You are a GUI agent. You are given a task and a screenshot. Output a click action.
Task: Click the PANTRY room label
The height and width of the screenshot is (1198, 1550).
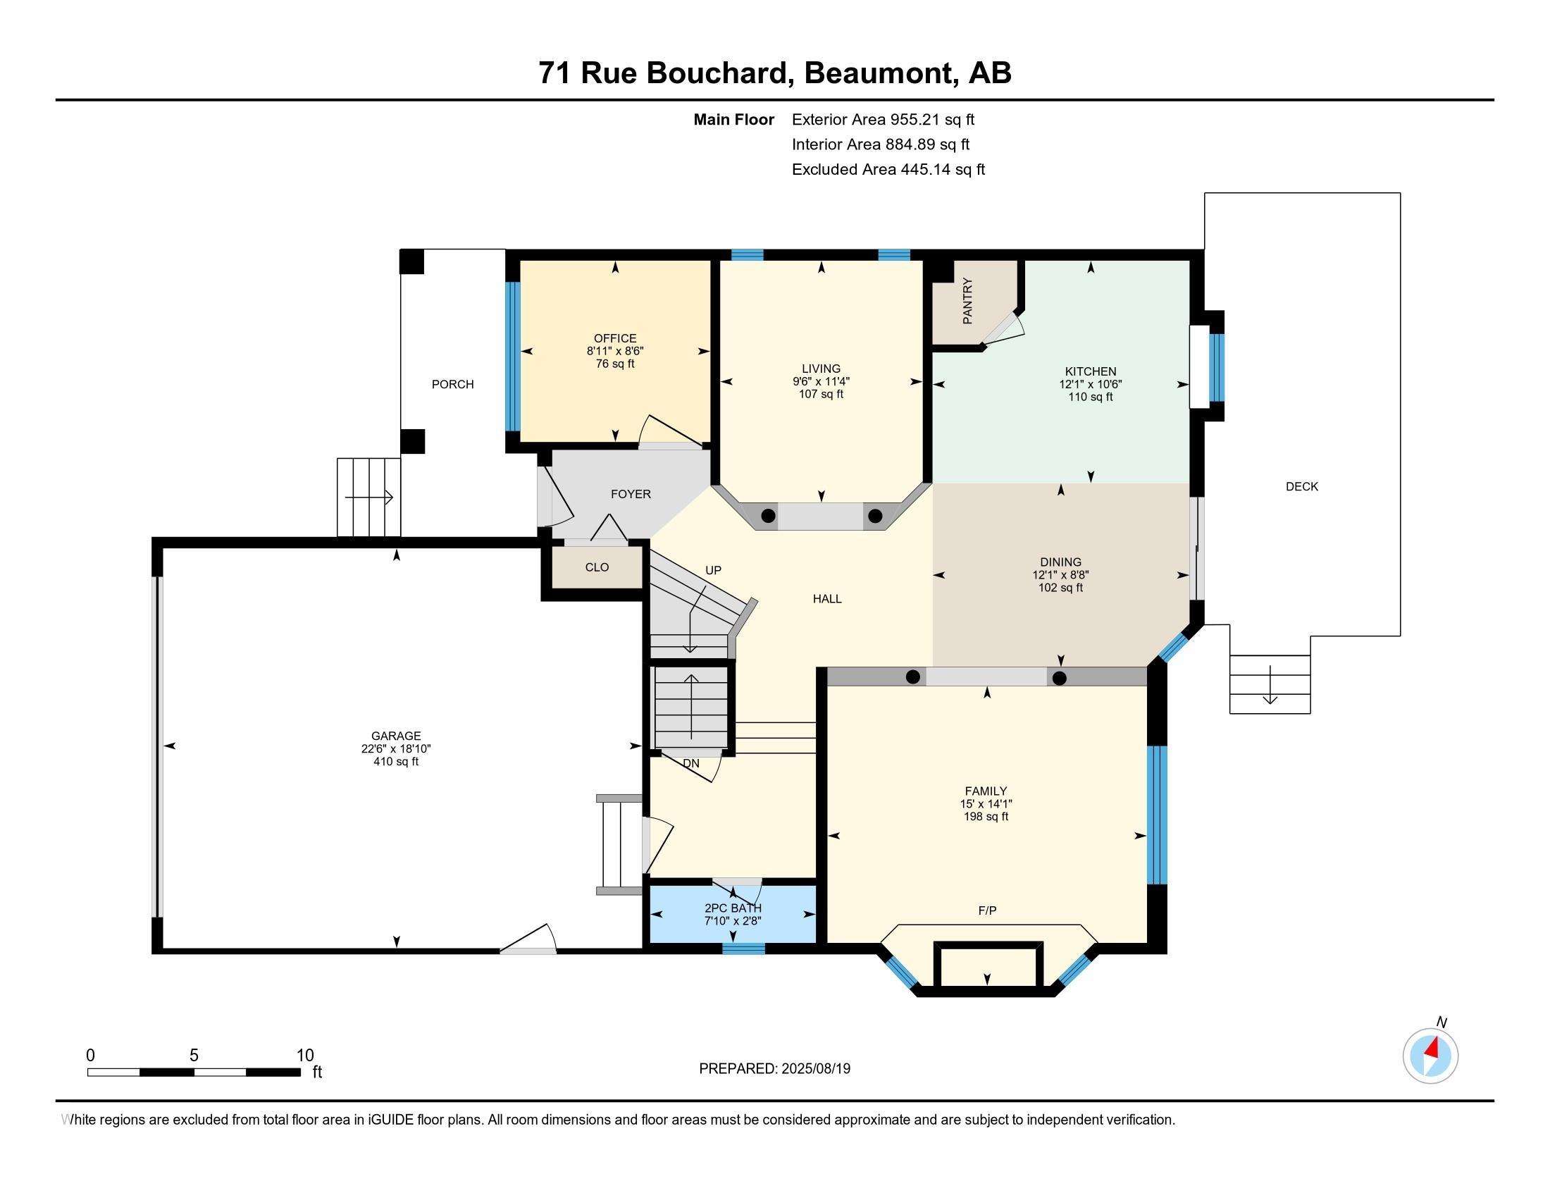point(967,302)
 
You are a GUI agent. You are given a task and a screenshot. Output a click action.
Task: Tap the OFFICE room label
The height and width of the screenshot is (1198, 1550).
point(615,338)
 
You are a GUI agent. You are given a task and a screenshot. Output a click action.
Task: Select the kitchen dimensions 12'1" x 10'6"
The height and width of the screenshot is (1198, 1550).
point(1091,384)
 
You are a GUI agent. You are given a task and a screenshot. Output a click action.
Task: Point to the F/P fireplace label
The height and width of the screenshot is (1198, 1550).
point(987,910)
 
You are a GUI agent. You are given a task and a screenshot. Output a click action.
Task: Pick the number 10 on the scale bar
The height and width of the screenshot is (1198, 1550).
point(304,1056)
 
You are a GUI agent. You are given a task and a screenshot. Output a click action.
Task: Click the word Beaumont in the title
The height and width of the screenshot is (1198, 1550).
point(879,73)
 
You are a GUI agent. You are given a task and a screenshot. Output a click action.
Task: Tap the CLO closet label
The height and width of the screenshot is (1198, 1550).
point(597,567)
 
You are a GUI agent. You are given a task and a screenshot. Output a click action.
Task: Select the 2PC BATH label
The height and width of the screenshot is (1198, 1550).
point(733,908)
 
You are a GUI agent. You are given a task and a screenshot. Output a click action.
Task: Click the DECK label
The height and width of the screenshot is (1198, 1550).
point(1302,486)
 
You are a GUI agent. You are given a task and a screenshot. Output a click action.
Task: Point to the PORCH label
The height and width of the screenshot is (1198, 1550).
point(453,384)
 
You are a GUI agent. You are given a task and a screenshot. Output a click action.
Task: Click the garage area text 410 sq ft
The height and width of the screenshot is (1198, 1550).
point(396,762)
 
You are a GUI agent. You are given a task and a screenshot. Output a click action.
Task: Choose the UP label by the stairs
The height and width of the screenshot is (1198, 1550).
point(713,570)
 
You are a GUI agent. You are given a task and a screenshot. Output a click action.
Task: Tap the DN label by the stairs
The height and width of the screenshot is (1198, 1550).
point(691,764)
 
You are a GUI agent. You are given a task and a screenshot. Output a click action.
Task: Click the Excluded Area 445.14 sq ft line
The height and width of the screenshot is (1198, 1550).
point(888,169)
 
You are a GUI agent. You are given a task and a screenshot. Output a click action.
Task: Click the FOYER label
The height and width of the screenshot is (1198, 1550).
point(631,494)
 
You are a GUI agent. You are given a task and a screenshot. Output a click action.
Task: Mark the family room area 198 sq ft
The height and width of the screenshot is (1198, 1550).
point(986,817)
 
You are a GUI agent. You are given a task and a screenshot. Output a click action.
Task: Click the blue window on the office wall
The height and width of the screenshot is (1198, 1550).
point(512,357)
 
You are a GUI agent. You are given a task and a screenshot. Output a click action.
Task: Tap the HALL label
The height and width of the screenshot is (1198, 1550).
point(828,599)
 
